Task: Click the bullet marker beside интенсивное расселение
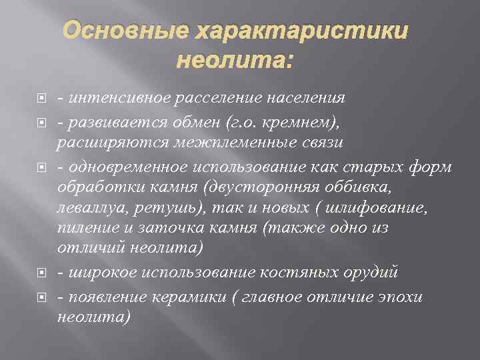42,99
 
